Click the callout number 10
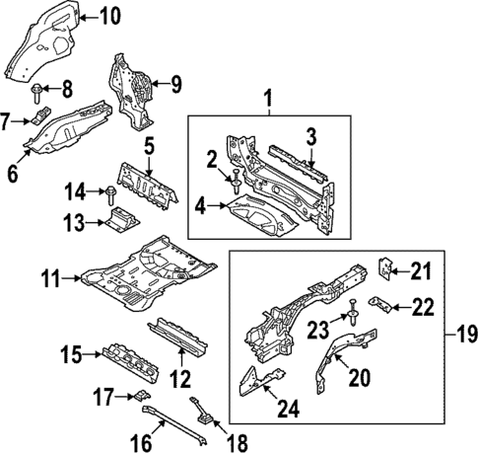[x=109, y=15]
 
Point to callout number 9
[x=176, y=84]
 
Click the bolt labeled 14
[x=111, y=191]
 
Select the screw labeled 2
[x=237, y=181]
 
